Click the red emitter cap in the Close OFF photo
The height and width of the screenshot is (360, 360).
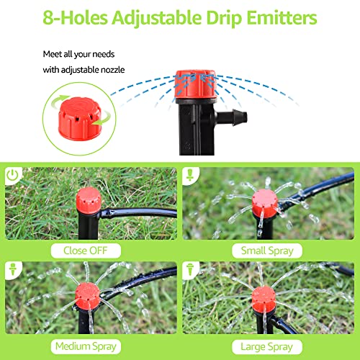88,196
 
